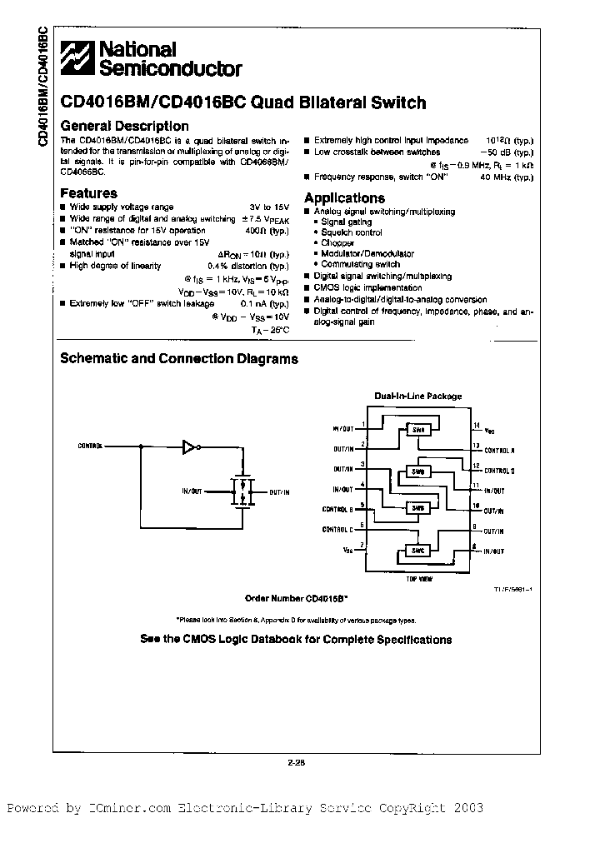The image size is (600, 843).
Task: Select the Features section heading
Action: (89, 193)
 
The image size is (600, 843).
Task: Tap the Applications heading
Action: (344, 198)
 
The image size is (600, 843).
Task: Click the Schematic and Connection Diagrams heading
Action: (179, 359)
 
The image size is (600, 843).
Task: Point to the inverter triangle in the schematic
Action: (189, 447)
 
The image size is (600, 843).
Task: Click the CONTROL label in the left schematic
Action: (90, 446)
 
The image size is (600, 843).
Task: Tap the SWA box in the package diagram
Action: (417, 430)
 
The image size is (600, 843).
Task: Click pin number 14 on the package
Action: (476, 426)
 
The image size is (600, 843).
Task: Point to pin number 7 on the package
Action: (361, 546)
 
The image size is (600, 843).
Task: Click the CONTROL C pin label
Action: (337, 530)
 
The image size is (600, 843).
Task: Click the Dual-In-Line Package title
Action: (417, 397)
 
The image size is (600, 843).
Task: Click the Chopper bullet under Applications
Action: (337, 243)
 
